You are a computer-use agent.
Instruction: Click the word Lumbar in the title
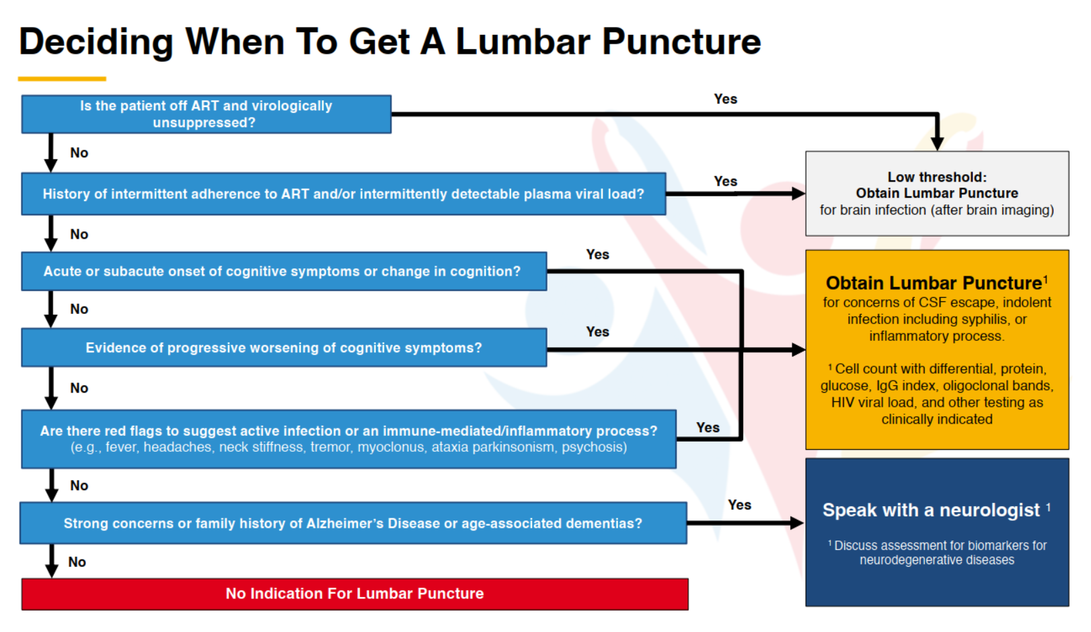[x=523, y=42]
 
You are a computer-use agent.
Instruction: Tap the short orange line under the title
[x=62, y=79]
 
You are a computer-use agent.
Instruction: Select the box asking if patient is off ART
[x=206, y=114]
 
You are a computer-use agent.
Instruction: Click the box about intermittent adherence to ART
[x=343, y=194]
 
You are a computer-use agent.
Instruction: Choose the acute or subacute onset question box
[x=283, y=271]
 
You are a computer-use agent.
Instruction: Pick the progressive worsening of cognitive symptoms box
[x=283, y=348]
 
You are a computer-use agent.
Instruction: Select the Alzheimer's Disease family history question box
[x=352, y=523]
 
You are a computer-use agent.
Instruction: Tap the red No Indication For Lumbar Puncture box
[x=354, y=594]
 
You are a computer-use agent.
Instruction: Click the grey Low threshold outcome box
[x=936, y=194]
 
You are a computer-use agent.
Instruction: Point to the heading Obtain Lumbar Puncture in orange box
[x=934, y=283]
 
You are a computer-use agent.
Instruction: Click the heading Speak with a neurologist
[x=931, y=510]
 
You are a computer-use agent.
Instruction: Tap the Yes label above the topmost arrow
[x=725, y=99]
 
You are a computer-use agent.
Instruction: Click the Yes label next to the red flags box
[x=708, y=428]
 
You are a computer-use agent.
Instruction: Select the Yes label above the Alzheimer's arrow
[x=739, y=505]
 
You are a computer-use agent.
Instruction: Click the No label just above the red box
[x=77, y=562]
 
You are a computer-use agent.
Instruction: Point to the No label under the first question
[x=79, y=153]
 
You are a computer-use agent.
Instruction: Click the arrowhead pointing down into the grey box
[x=937, y=144]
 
